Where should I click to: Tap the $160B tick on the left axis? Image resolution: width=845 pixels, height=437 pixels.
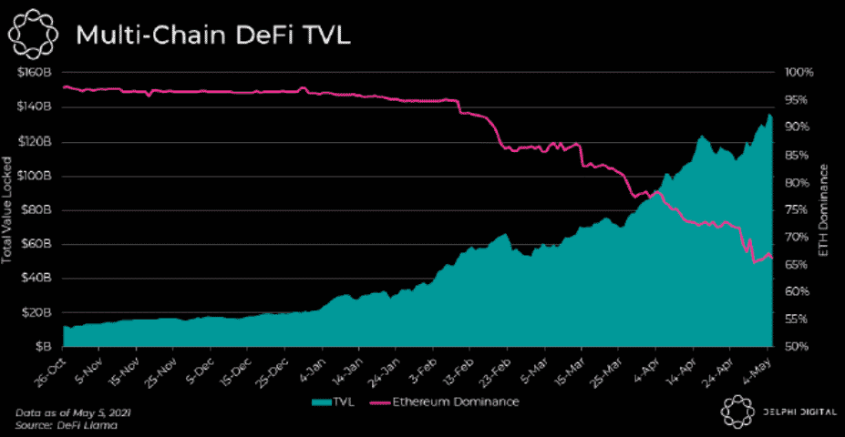(35, 73)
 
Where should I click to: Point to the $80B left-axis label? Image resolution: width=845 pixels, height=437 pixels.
(37, 210)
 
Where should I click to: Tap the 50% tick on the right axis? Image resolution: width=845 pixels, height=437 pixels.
(801, 347)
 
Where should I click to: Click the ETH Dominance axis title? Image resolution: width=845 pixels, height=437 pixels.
(825, 209)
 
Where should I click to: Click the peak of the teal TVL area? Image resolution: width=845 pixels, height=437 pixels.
(769, 116)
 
